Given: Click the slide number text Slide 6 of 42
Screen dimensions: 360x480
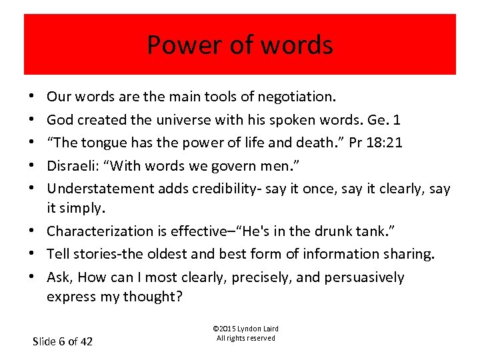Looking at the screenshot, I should [x=63, y=341].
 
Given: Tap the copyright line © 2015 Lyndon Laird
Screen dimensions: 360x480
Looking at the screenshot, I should [x=245, y=329].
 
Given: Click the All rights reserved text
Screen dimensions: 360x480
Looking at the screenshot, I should [x=245, y=338].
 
